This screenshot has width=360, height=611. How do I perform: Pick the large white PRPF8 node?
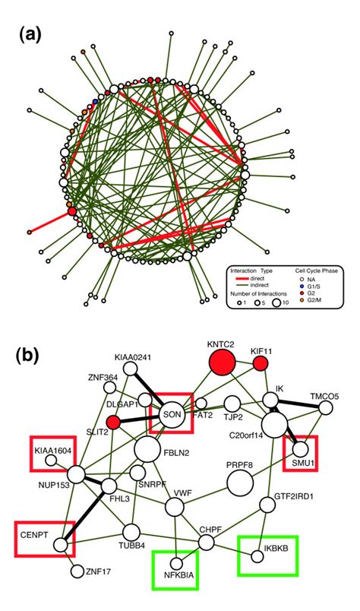pyautogui.click(x=240, y=482)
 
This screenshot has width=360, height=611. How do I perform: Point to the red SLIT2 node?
pyautogui.click(x=114, y=422)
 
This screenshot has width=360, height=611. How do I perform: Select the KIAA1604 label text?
pyautogui.click(x=52, y=450)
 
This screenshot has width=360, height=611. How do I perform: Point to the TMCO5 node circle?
pyautogui.click(x=326, y=408)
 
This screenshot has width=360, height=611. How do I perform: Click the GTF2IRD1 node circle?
pyautogui.click(x=267, y=504)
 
